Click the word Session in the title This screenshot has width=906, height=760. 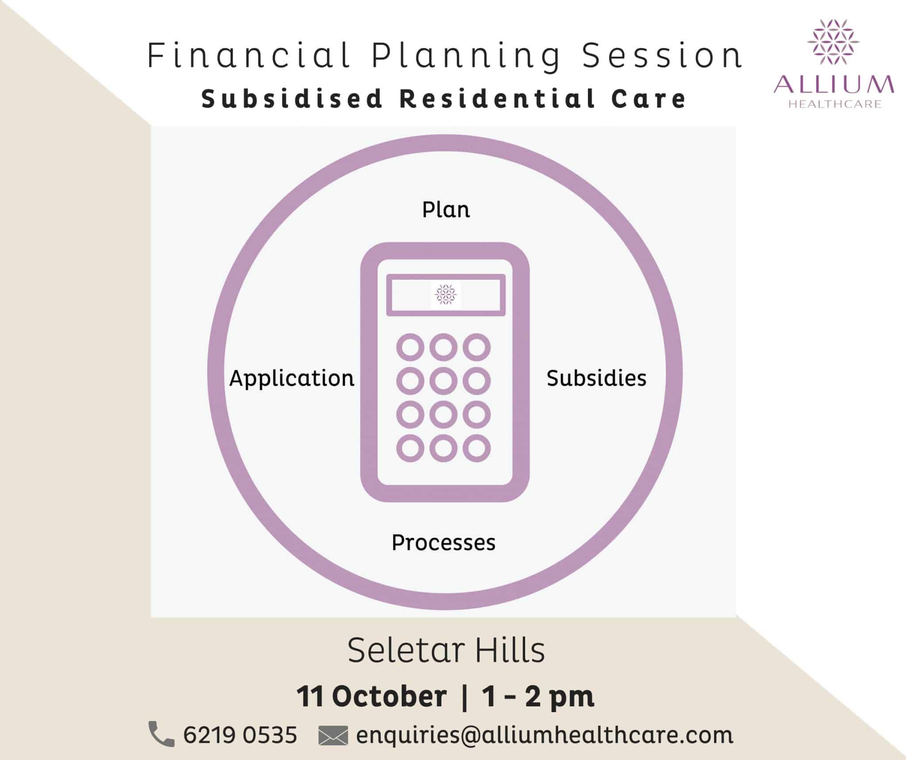coord(662,56)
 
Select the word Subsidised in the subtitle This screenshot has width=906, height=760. coord(292,98)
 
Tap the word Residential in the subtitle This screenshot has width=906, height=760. coord(497,98)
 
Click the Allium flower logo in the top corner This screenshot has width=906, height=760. coord(833,42)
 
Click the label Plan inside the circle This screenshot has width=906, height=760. coord(446,209)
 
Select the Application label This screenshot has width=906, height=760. coord(292,379)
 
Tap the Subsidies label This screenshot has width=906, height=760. coord(596,378)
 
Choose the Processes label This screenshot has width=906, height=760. coord(444,542)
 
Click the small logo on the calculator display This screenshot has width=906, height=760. coord(446,295)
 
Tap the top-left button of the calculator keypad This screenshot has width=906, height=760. coord(410,347)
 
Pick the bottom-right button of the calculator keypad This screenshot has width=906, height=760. coord(476,448)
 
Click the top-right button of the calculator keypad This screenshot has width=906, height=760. coord(476,347)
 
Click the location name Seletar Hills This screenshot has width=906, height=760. coord(446,650)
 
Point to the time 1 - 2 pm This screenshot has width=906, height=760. coord(538,696)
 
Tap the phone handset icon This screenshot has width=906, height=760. coord(161,734)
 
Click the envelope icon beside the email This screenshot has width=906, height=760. coord(333,736)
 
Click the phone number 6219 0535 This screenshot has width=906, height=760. coord(240,735)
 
